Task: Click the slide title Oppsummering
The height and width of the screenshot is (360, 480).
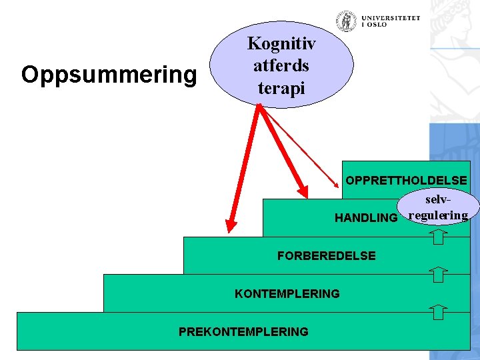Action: (109, 75)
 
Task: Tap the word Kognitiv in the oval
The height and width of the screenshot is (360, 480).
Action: (281, 44)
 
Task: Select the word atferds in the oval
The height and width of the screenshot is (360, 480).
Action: (281, 65)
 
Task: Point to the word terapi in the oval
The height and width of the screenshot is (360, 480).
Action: (281, 87)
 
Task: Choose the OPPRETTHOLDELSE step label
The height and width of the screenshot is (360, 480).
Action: (406, 180)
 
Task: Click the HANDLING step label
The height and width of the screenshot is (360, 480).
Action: (365, 218)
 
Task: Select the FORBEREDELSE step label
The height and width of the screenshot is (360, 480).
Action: (326, 256)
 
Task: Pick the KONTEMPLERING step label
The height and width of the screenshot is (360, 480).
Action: (287, 293)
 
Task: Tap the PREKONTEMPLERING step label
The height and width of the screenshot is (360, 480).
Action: (243, 331)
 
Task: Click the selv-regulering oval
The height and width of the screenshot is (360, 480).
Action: (437, 207)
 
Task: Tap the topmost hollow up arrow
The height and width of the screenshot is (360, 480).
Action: (437, 235)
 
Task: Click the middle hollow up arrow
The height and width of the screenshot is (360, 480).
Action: (437, 273)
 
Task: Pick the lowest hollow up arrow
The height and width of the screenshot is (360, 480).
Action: (437, 311)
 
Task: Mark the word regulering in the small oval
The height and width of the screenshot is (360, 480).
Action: (437, 215)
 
